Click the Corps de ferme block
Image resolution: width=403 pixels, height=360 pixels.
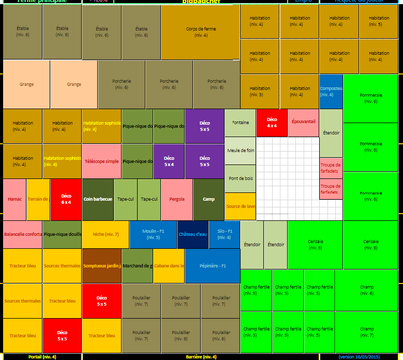point(201,32)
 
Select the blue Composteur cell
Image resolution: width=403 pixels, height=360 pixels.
point(331,91)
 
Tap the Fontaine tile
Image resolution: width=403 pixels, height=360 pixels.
point(241,123)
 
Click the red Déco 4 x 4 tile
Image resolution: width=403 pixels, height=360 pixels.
point(272,123)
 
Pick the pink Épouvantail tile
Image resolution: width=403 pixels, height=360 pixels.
point(303,123)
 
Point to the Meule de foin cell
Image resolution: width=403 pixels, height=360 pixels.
point(241,151)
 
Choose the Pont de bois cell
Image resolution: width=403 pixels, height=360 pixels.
point(241,178)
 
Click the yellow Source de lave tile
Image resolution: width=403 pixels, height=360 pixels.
point(241,206)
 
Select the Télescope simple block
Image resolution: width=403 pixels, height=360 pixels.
point(101,161)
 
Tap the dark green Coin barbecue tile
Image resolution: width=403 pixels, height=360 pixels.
point(98,199)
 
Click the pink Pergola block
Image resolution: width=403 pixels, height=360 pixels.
point(177,199)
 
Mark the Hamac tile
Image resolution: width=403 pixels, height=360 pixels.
point(15,199)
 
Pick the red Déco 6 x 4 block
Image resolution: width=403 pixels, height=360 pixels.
point(66,199)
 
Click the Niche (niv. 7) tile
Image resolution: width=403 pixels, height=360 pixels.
point(106,234)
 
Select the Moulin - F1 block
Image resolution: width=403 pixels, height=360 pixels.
point(153,234)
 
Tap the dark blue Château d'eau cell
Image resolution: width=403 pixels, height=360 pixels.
point(193,234)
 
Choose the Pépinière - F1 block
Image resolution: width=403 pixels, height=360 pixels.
point(213,266)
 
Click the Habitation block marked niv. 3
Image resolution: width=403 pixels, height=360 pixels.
point(260,91)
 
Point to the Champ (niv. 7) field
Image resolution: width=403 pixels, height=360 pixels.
point(367,332)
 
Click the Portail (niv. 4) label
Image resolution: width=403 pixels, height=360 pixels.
point(42,356)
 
